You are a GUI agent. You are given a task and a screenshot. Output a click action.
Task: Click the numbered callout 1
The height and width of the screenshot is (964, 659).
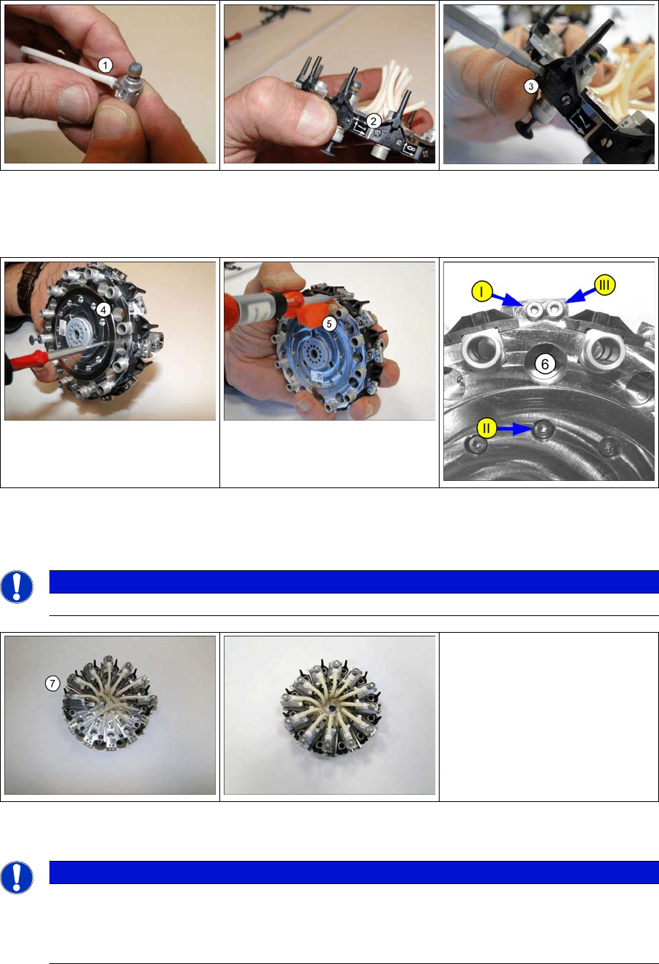click(105, 65)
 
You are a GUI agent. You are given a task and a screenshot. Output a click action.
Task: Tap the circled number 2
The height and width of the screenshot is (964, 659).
click(373, 121)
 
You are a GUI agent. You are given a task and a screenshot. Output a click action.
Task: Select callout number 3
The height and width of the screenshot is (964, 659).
click(530, 86)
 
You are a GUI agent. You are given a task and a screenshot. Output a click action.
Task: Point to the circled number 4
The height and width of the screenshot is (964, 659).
click(103, 309)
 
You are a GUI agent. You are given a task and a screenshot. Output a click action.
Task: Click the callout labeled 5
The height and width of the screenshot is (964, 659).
click(329, 324)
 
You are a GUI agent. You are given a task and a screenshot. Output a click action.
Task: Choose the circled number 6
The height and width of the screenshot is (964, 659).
click(544, 364)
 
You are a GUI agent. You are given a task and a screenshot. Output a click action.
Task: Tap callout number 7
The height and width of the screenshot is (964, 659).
click(52, 683)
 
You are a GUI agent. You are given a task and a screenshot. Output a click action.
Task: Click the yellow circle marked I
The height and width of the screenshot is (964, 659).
click(482, 291)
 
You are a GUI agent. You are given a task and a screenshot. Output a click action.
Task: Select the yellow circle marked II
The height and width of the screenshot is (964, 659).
click(486, 428)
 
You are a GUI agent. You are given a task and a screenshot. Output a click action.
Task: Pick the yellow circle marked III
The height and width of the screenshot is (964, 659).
click(605, 285)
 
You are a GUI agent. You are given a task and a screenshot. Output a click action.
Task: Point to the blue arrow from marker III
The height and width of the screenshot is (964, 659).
click(581, 295)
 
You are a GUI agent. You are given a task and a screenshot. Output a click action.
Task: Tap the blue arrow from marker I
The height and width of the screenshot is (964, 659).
click(508, 299)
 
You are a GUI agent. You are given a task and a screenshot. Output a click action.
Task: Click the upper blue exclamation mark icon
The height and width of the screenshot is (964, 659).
click(17, 586)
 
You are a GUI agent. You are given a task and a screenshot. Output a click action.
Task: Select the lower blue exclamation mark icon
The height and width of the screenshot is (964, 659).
click(17, 878)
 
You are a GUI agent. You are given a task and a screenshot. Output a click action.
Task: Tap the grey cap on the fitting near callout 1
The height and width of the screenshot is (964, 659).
click(136, 69)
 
